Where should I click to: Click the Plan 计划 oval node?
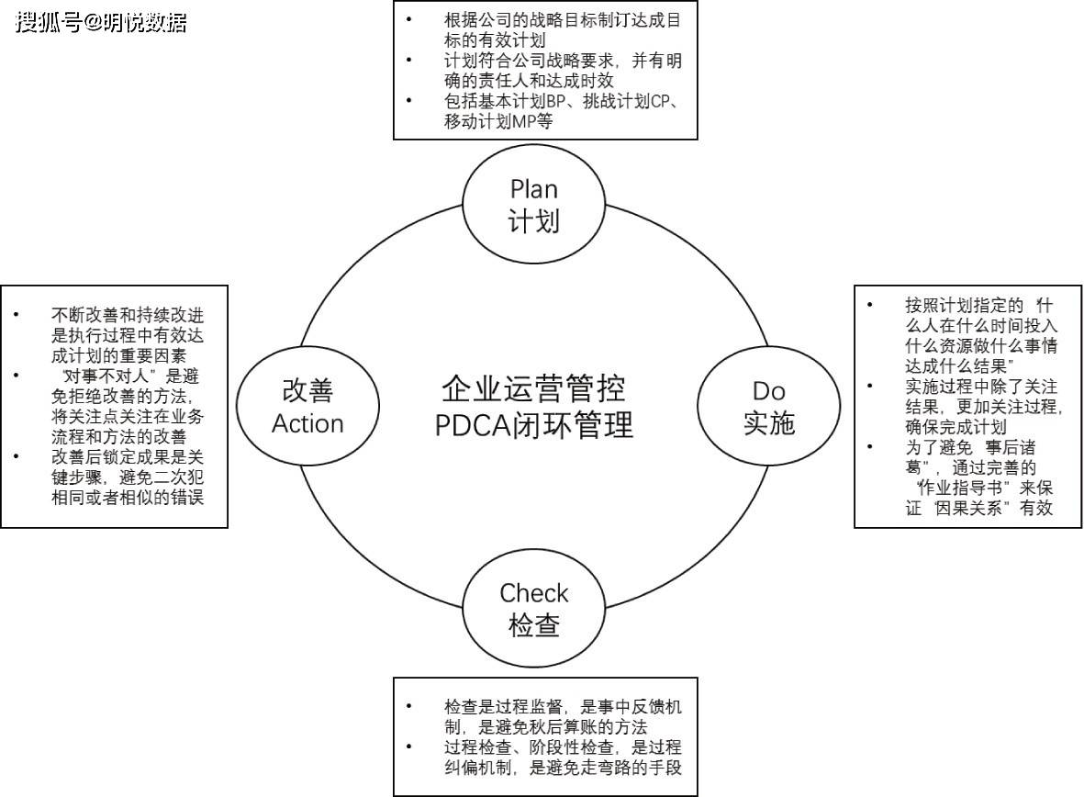(534, 206)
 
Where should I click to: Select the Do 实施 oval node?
(768, 408)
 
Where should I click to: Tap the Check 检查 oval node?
(534, 609)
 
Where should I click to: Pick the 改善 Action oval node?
(307, 408)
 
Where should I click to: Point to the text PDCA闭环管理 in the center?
(534, 427)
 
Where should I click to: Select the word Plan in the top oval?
(534, 189)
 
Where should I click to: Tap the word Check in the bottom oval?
(534, 592)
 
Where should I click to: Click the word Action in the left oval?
(307, 424)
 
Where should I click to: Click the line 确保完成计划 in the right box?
(955, 427)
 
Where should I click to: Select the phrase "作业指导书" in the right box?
(961, 488)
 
